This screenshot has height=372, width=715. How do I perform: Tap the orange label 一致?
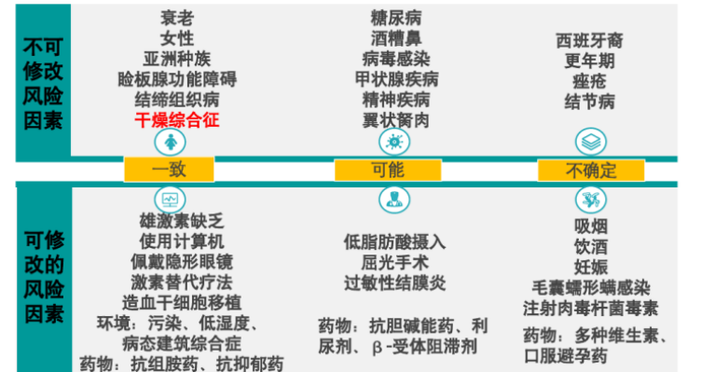[x=170, y=171]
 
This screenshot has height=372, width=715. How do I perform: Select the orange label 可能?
[x=387, y=171]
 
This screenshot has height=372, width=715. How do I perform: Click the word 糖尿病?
[x=395, y=17]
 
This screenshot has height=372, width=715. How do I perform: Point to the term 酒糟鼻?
[x=395, y=37]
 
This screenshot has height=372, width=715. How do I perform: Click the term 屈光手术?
[x=395, y=261]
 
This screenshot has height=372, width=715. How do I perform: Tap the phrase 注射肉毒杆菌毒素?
[x=591, y=308]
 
